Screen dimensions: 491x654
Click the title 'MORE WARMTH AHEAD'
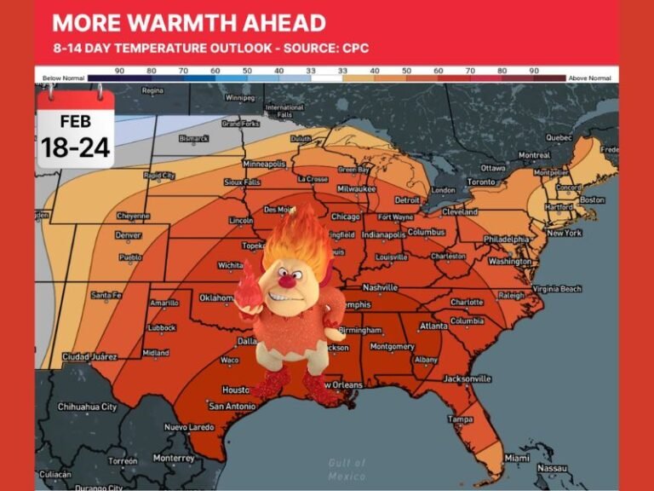189,22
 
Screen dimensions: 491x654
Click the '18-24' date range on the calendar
76,147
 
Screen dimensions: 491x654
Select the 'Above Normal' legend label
589,78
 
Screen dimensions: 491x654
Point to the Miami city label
516,458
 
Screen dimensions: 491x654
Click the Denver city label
128,235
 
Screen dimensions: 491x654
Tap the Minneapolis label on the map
264,164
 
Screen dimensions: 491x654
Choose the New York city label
564,233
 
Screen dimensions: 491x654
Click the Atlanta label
433,326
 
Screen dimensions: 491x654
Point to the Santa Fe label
107,295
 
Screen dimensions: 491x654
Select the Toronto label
481,182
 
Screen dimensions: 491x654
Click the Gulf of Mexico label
347,467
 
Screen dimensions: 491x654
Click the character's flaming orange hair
295,238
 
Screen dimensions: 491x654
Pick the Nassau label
552,468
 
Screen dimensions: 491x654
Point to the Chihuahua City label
87,407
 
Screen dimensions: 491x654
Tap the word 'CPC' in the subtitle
356,48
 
